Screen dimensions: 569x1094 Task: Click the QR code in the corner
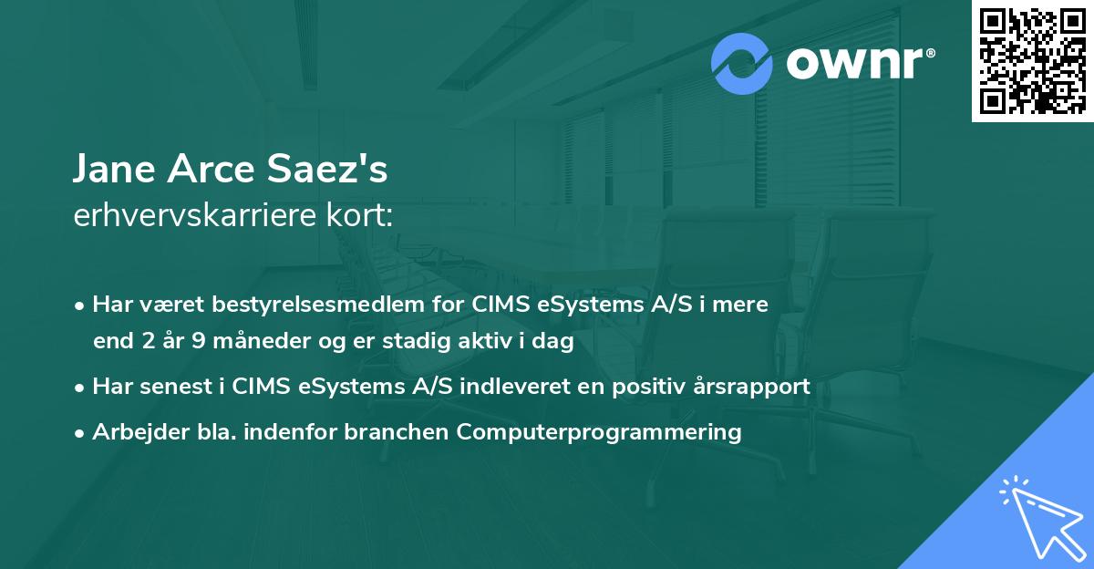(1032, 61)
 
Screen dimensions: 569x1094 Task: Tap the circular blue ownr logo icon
(742, 64)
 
